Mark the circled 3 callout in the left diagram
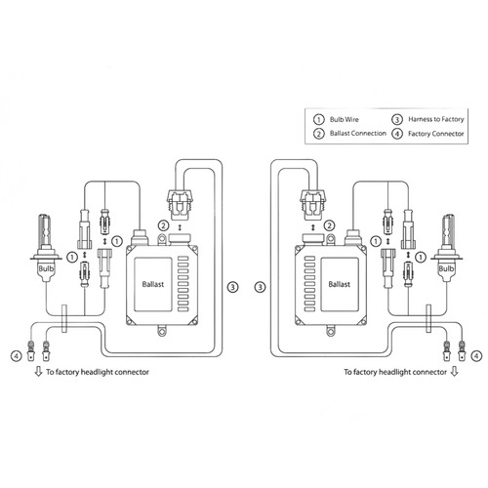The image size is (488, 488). (230, 287)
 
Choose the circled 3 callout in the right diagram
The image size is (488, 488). (258, 287)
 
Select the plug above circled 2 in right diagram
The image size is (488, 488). (313, 203)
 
